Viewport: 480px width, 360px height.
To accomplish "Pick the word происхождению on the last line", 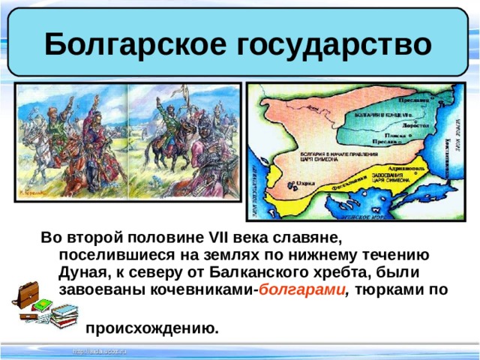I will click(153, 328).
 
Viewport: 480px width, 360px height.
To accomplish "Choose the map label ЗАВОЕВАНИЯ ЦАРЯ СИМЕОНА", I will click(391, 180).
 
